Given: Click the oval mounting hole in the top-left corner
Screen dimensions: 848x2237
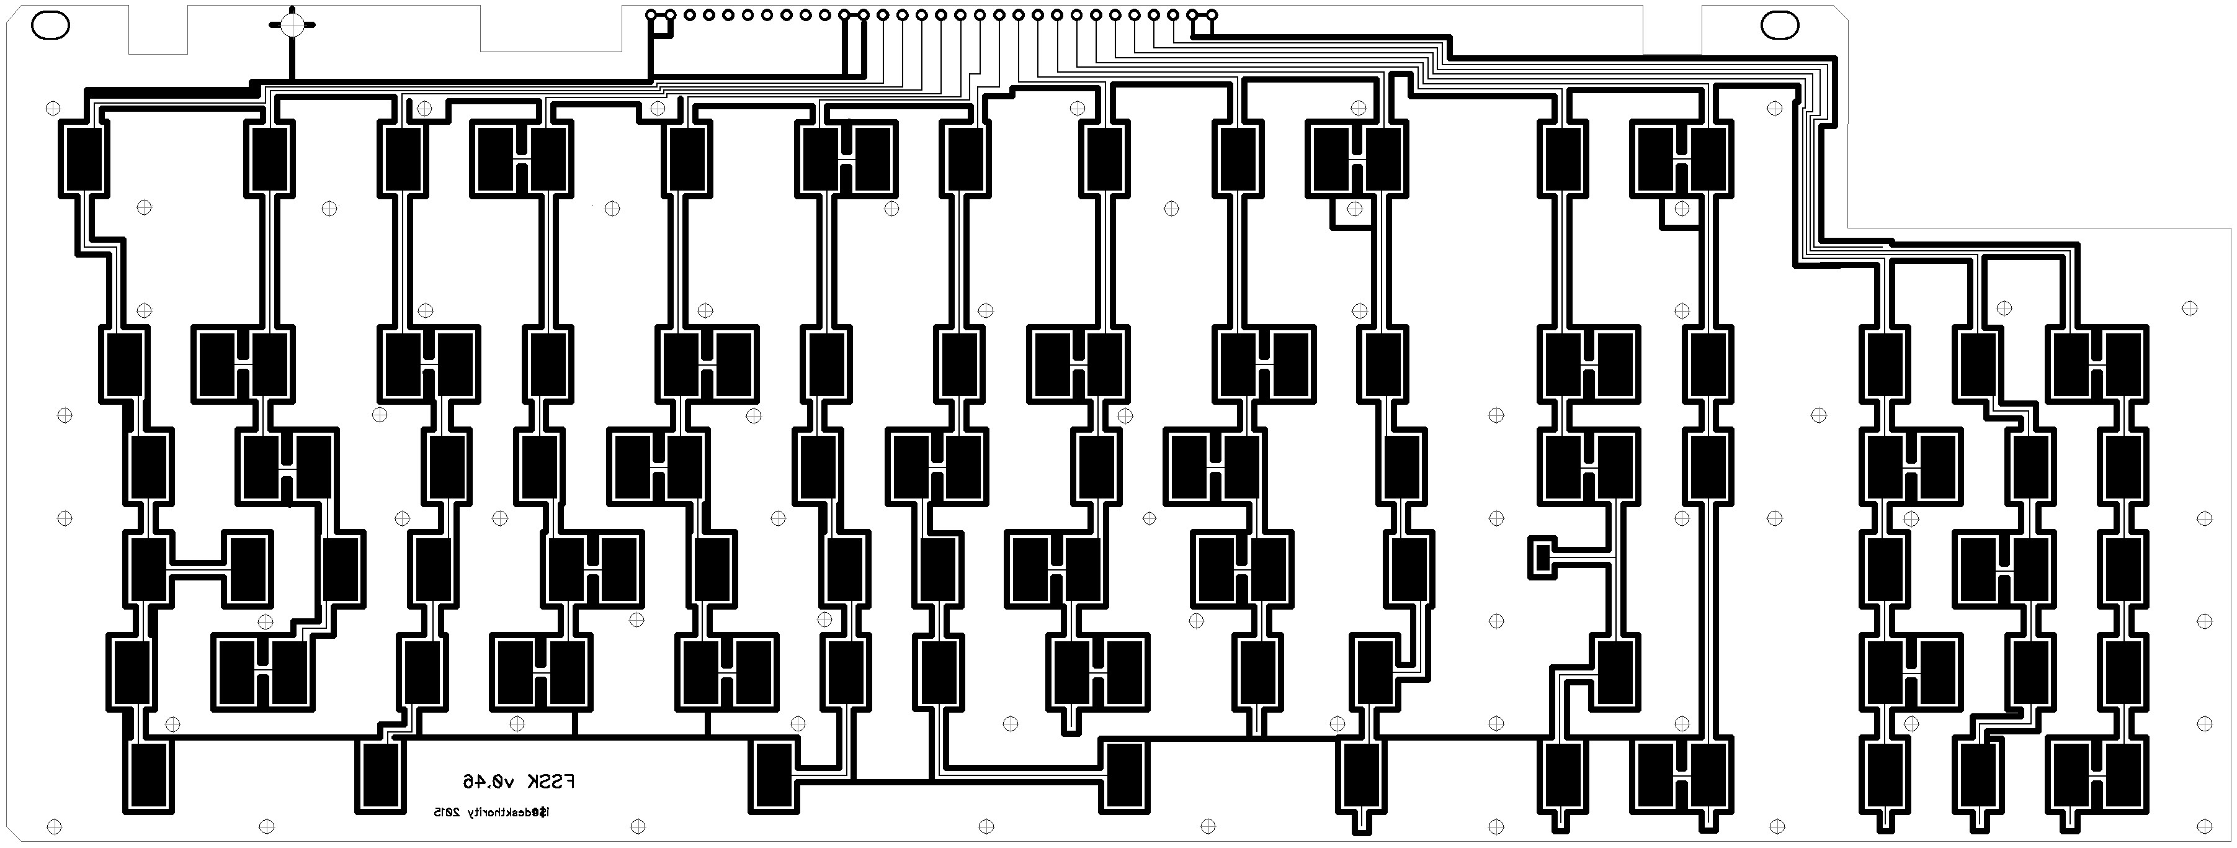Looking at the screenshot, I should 50,26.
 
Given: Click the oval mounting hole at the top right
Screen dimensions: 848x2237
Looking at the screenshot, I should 1780,26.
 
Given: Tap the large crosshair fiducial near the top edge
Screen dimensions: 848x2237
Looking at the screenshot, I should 293,24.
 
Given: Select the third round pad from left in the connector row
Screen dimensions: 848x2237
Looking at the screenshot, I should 689,15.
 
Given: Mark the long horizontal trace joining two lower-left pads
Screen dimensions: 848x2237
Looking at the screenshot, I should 199,569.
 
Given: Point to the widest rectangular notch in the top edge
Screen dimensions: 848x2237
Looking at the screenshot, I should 551,28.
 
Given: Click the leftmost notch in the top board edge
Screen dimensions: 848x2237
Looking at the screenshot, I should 159,28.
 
